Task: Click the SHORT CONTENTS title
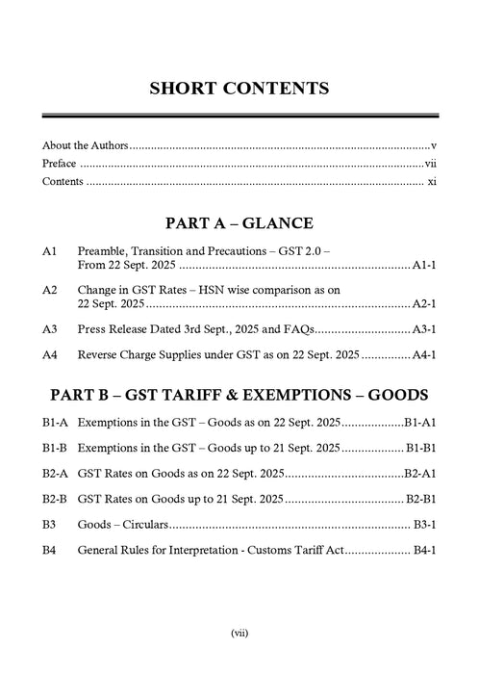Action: tap(239, 89)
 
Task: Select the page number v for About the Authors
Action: tap(435, 146)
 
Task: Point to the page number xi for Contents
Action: tap(433, 181)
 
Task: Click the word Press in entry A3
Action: tap(94, 328)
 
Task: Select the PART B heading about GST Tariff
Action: tap(239, 396)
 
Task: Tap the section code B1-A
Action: tap(55, 423)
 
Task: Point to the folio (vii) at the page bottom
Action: tap(239, 633)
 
